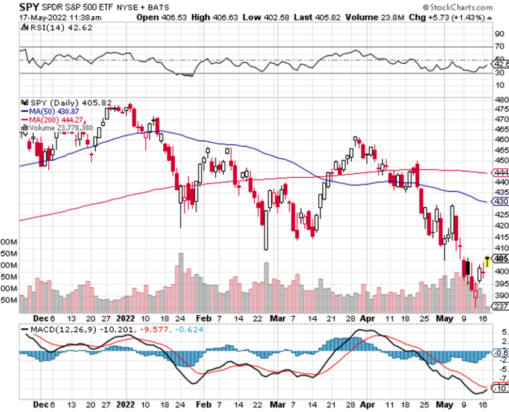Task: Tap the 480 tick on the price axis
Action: click(499, 99)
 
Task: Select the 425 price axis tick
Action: click(499, 214)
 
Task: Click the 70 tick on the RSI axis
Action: click(498, 46)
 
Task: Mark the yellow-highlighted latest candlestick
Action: click(487, 261)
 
